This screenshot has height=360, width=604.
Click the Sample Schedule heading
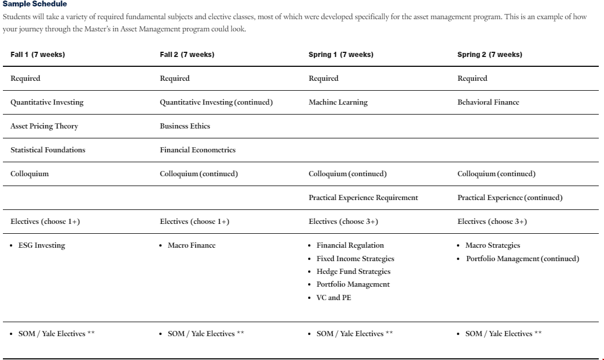[35, 4]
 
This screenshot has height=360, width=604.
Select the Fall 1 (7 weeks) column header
[38, 55]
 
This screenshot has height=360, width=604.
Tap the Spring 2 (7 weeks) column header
[489, 55]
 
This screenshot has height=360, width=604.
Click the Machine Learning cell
[338, 102]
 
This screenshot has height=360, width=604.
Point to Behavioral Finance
[488, 102]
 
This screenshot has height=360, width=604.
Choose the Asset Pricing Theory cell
[44, 126]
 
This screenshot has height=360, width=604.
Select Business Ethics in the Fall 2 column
[185, 126]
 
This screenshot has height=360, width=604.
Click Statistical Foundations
[48, 150]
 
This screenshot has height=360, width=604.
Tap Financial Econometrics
[198, 150]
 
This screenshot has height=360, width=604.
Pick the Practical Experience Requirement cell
[363, 198]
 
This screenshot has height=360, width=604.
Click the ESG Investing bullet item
[42, 245]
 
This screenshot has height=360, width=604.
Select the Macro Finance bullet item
[191, 245]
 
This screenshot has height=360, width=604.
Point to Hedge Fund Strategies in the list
[353, 272]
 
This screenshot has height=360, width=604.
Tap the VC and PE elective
[334, 298]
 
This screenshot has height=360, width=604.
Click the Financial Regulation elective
[350, 245]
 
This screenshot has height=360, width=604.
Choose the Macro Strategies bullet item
[493, 245]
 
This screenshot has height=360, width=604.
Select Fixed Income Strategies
[355, 259]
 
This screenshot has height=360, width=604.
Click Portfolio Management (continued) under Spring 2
[523, 259]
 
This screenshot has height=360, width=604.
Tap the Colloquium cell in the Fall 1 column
[30, 174]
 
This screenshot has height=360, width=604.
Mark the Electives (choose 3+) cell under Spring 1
[343, 222]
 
